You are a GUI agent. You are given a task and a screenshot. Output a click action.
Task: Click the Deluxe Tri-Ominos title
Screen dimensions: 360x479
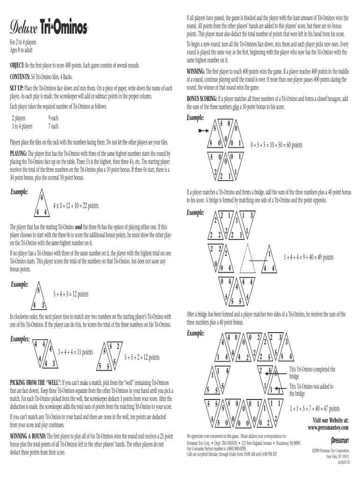pyautogui.click(x=49, y=28)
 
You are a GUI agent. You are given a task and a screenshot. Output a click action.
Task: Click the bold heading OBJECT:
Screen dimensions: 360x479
pyautogui.click(x=17, y=65)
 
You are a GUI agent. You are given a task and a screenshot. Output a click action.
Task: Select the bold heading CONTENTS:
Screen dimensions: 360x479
pyautogui.click(x=20, y=77)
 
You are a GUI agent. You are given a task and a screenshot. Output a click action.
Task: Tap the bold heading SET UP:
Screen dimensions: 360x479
pyautogui.click(x=16, y=88)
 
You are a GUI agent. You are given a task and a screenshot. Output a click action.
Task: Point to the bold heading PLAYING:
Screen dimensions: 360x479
pyautogui.click(x=18, y=153)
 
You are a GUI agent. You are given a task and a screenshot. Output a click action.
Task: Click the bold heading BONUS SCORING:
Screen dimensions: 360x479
pyautogui.click(x=202, y=99)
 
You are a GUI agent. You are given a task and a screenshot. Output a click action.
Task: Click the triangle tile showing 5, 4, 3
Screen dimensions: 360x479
pyautogui.click(x=39, y=295)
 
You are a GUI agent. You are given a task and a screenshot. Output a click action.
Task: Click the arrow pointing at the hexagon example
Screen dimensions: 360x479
pyautogui.click(x=203, y=131)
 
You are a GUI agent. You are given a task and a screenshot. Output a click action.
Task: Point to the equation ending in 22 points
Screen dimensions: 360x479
pyautogui.click(x=76, y=206)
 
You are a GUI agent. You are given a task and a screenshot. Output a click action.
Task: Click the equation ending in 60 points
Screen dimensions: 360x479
pyautogui.click(x=276, y=145)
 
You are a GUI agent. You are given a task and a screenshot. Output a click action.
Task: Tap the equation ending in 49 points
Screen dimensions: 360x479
pyautogui.click(x=309, y=257)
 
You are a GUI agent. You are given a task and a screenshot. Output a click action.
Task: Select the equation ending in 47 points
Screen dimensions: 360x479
pyautogui.click(x=315, y=409)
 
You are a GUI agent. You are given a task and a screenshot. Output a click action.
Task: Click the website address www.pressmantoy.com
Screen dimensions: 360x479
pyautogui.click(x=328, y=428)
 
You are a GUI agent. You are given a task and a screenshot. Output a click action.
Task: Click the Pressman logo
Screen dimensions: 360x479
pyautogui.click(x=340, y=441)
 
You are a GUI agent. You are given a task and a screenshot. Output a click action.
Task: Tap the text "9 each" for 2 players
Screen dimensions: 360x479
pyautogui.click(x=53, y=118)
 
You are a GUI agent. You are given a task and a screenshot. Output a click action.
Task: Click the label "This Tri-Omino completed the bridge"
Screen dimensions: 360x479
pyautogui.click(x=312, y=373)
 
